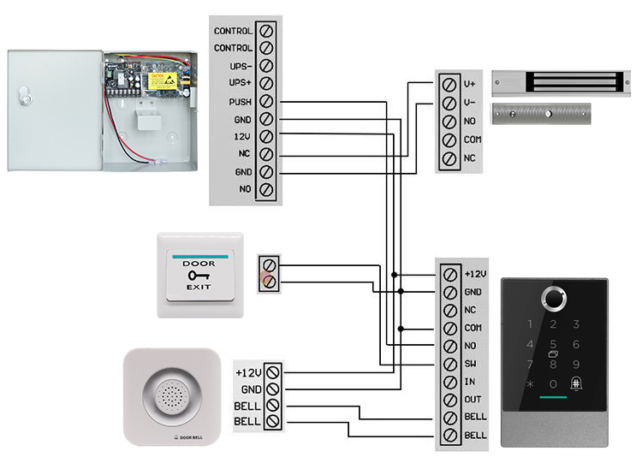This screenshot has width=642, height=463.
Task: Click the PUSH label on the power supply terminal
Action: coord(239,102)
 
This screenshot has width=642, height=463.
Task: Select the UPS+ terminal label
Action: coord(239,84)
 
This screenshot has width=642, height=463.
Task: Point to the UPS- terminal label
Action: coord(239,66)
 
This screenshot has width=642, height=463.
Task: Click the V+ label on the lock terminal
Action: coord(469,84)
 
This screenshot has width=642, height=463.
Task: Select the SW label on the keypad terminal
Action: coord(469,365)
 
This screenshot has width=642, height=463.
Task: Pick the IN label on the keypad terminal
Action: coord(468,383)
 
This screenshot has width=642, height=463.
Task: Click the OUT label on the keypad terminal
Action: coord(471,401)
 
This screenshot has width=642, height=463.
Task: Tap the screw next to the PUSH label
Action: coord(266,102)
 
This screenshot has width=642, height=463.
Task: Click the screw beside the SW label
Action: coord(451,365)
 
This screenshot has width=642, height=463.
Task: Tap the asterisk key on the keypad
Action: coord(530,385)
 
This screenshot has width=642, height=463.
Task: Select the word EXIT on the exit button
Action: coord(199,288)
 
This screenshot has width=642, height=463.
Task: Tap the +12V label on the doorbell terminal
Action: coord(247,372)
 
